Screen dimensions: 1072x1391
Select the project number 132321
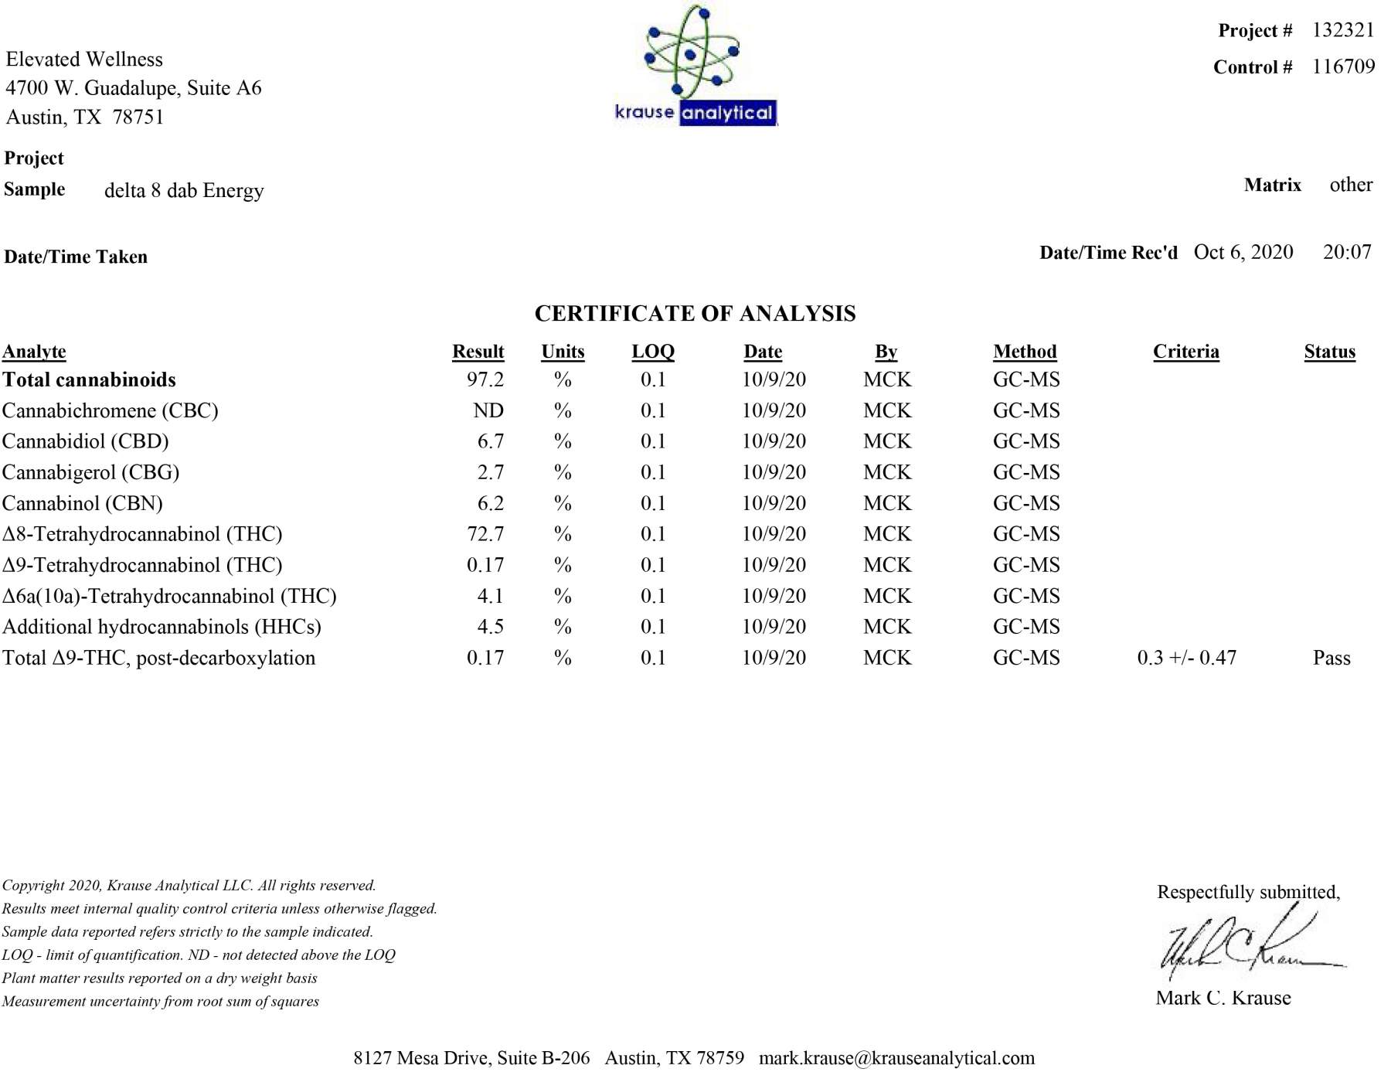coord(1343,30)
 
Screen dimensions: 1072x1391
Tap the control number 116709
coord(1343,66)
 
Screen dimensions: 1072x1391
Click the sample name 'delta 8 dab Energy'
coord(184,190)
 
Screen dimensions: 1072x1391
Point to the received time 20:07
coord(1347,252)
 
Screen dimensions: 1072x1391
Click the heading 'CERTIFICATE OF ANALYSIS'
coord(695,313)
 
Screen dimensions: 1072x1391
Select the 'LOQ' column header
coord(653,352)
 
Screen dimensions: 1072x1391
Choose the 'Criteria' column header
coord(1185,352)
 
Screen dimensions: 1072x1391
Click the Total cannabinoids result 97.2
coord(485,379)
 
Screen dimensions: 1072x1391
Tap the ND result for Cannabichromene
coord(488,410)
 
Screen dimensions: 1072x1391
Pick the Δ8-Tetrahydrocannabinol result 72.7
coord(485,534)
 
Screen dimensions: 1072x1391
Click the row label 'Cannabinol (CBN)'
coord(83,503)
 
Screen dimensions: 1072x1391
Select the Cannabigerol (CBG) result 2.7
coord(491,472)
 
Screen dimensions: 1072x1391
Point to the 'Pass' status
coord(1331,658)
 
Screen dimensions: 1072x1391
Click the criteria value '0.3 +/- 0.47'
coord(1186,658)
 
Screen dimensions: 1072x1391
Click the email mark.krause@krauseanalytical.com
coord(896,1057)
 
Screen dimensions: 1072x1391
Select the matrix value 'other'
coord(1351,185)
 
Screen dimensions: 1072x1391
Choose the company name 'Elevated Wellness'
coord(84,60)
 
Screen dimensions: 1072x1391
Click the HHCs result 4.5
coord(491,627)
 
